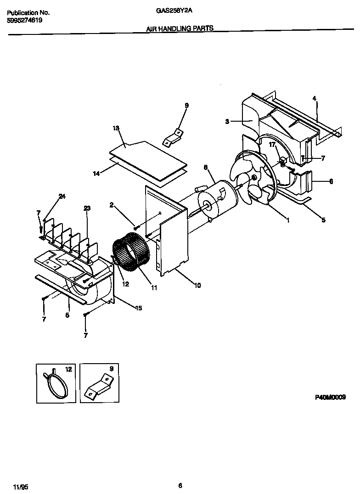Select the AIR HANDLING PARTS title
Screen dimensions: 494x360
point(180,28)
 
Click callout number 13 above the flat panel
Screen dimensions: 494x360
point(116,129)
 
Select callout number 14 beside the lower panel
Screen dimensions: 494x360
point(96,174)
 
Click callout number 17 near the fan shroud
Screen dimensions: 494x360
point(272,144)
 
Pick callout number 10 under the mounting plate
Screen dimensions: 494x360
point(197,286)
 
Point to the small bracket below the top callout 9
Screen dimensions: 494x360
point(173,137)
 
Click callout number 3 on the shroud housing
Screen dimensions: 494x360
point(227,121)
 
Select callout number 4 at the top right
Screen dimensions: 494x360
point(314,98)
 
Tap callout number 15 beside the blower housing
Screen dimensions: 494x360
point(138,308)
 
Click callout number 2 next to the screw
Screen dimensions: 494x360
point(111,205)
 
